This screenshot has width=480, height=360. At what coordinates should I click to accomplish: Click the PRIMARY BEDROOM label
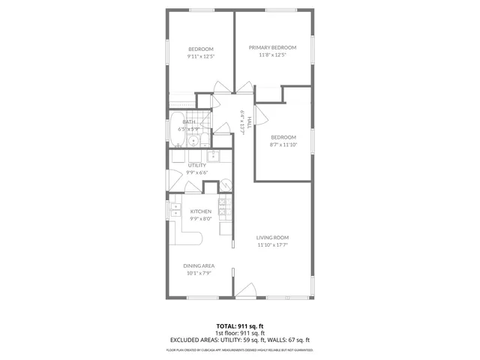pos(273,47)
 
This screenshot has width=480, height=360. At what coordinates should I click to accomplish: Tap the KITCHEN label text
pos(200,211)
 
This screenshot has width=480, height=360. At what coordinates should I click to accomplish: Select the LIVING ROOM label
pos(273,237)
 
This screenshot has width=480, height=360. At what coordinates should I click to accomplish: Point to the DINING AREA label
pos(199,265)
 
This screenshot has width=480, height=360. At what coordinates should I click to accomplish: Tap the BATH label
pos(189,121)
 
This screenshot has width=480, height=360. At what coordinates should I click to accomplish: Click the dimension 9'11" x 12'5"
pos(201,56)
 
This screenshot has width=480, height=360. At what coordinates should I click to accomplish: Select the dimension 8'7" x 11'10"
pos(283,145)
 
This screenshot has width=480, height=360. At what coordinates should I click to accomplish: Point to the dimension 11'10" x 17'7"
pos(273,244)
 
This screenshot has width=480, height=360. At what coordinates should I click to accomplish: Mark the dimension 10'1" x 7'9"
pos(199,273)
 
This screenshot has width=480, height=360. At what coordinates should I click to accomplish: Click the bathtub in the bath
pos(177,130)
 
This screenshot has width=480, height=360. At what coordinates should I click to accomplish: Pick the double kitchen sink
pos(175,210)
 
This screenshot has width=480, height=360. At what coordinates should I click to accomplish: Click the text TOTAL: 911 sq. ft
pos(240,326)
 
